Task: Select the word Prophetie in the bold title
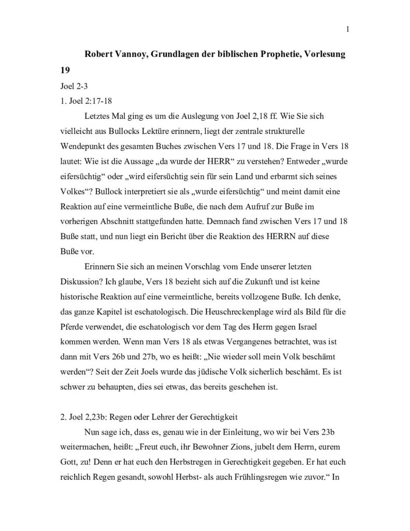pos(279,54)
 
